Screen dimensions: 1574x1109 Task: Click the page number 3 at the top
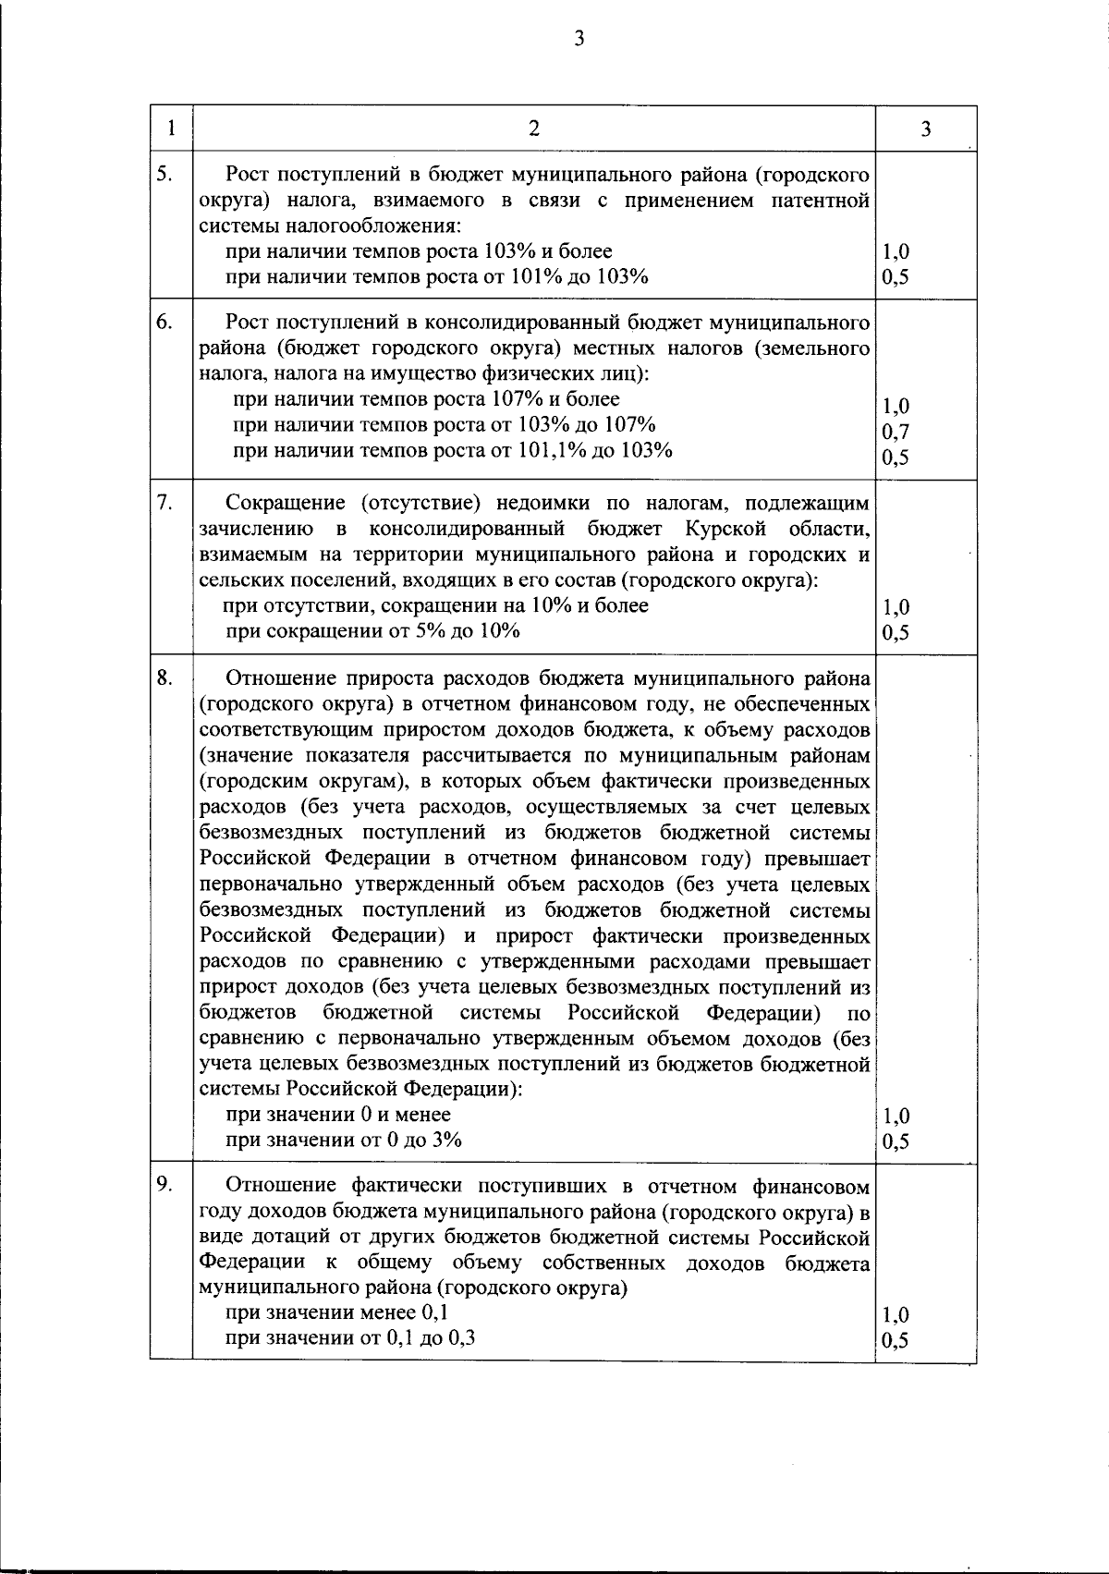(x=579, y=38)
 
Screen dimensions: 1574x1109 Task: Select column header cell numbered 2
(x=533, y=128)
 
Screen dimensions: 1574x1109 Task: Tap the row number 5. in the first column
(x=164, y=172)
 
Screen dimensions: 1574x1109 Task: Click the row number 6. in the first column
(x=164, y=322)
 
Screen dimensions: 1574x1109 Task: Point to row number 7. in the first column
(x=164, y=502)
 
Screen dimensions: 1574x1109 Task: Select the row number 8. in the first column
(x=164, y=677)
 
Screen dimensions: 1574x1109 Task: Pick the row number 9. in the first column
(x=164, y=1184)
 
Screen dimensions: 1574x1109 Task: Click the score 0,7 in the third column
(x=896, y=432)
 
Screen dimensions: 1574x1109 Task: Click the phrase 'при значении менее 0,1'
(x=338, y=1312)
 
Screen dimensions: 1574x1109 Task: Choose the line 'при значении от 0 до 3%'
(x=344, y=1140)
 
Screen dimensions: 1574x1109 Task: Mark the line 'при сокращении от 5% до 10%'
(x=373, y=631)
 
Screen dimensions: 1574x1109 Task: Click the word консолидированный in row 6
(x=518, y=323)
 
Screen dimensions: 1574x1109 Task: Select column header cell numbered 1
(x=171, y=128)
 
